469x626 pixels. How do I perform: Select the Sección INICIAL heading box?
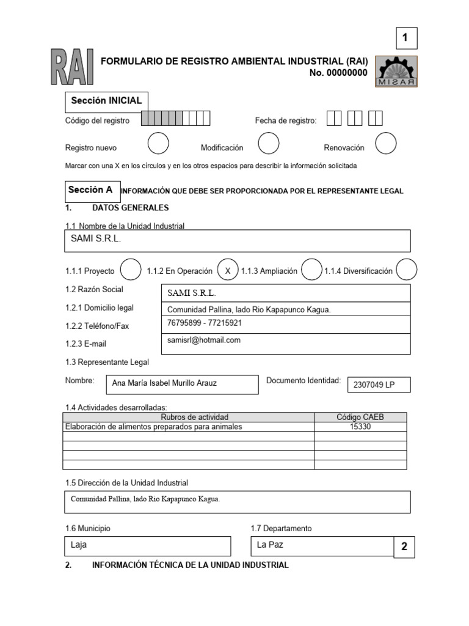pos(106,101)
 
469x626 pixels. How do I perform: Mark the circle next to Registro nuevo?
pos(158,144)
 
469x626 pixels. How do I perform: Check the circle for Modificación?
pos(269,144)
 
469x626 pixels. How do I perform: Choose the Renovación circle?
pos(385,144)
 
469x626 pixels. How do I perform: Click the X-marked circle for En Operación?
pos(227,270)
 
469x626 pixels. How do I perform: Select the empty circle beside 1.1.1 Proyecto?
pos(131,270)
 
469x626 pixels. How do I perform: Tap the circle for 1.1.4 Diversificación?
pos(406,270)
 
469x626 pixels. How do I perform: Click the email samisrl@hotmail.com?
pos(204,340)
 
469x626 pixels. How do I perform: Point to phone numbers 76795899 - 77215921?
pos(205,323)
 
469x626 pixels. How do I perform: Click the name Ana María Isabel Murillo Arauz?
pos(164,384)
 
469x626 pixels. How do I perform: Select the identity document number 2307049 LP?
pos(374,385)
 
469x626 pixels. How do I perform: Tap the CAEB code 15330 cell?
pos(360,427)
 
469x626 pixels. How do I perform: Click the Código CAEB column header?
pos(360,417)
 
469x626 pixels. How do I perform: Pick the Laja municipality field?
pos(147,545)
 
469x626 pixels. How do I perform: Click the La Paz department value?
pos(270,544)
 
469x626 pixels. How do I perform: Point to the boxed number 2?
pos(404,547)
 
